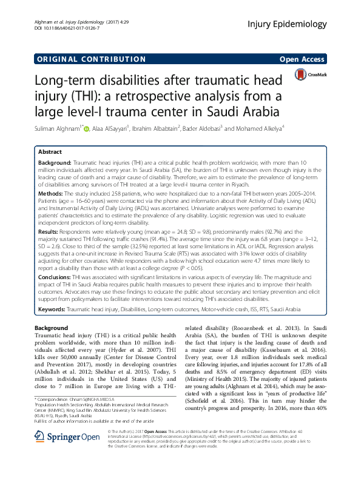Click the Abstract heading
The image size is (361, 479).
[50, 152]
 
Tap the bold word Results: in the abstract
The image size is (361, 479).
[53, 232]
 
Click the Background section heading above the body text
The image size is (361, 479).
[52, 328]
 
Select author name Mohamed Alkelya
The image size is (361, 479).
[254, 128]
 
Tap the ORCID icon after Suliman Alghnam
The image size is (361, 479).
[86, 128]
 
